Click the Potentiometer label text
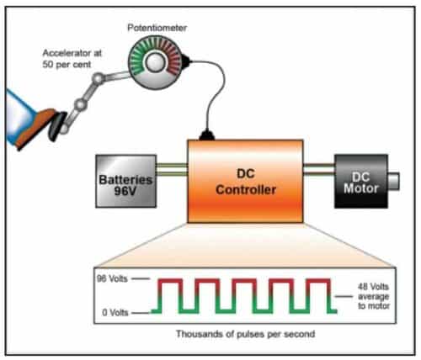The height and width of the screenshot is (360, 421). (x=157, y=28)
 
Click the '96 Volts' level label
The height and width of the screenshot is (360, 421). (x=113, y=278)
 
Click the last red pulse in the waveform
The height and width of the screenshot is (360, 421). (x=317, y=280)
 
